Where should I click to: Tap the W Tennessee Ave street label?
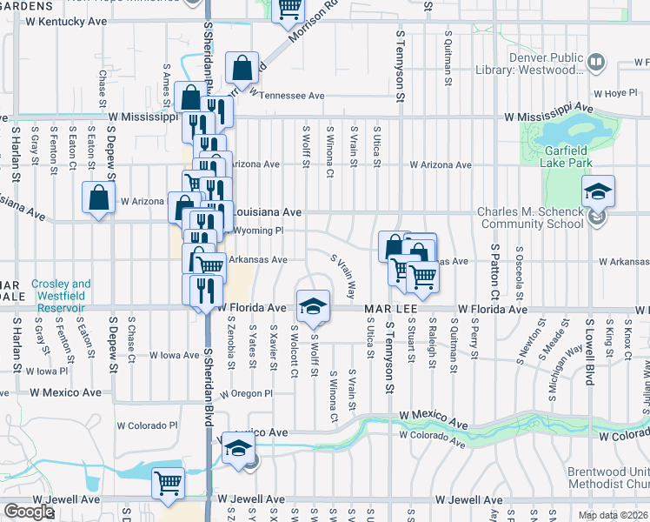(x=287, y=96)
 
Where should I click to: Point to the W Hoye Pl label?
(x=615, y=93)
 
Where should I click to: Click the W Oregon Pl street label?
(x=246, y=393)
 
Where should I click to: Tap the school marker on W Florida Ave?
(x=312, y=304)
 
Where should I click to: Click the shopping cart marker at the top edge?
(x=289, y=9)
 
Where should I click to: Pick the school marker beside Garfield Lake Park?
(x=598, y=191)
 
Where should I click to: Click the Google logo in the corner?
(x=28, y=512)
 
